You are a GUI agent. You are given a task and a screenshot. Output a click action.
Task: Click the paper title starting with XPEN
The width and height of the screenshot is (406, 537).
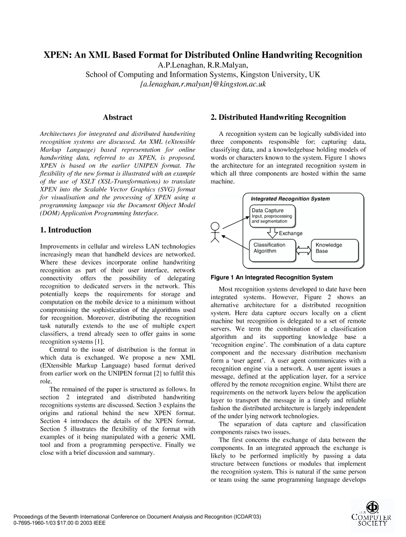pos(203,55)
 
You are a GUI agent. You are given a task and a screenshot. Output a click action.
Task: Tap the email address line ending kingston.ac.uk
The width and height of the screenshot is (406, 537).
pos(203,84)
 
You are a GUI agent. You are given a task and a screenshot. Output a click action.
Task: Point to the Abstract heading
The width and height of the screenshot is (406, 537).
pos(117,117)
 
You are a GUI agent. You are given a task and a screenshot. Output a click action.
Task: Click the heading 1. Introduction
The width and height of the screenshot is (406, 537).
pos(66,230)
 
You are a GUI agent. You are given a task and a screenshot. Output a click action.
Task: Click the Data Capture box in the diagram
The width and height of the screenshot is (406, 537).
pos(273,215)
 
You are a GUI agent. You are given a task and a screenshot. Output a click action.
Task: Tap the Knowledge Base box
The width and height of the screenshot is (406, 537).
pos(334,248)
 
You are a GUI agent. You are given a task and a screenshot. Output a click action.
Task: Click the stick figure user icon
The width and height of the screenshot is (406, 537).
pos(215,233)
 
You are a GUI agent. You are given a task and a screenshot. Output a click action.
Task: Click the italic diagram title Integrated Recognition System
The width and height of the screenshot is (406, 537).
pos(290,199)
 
